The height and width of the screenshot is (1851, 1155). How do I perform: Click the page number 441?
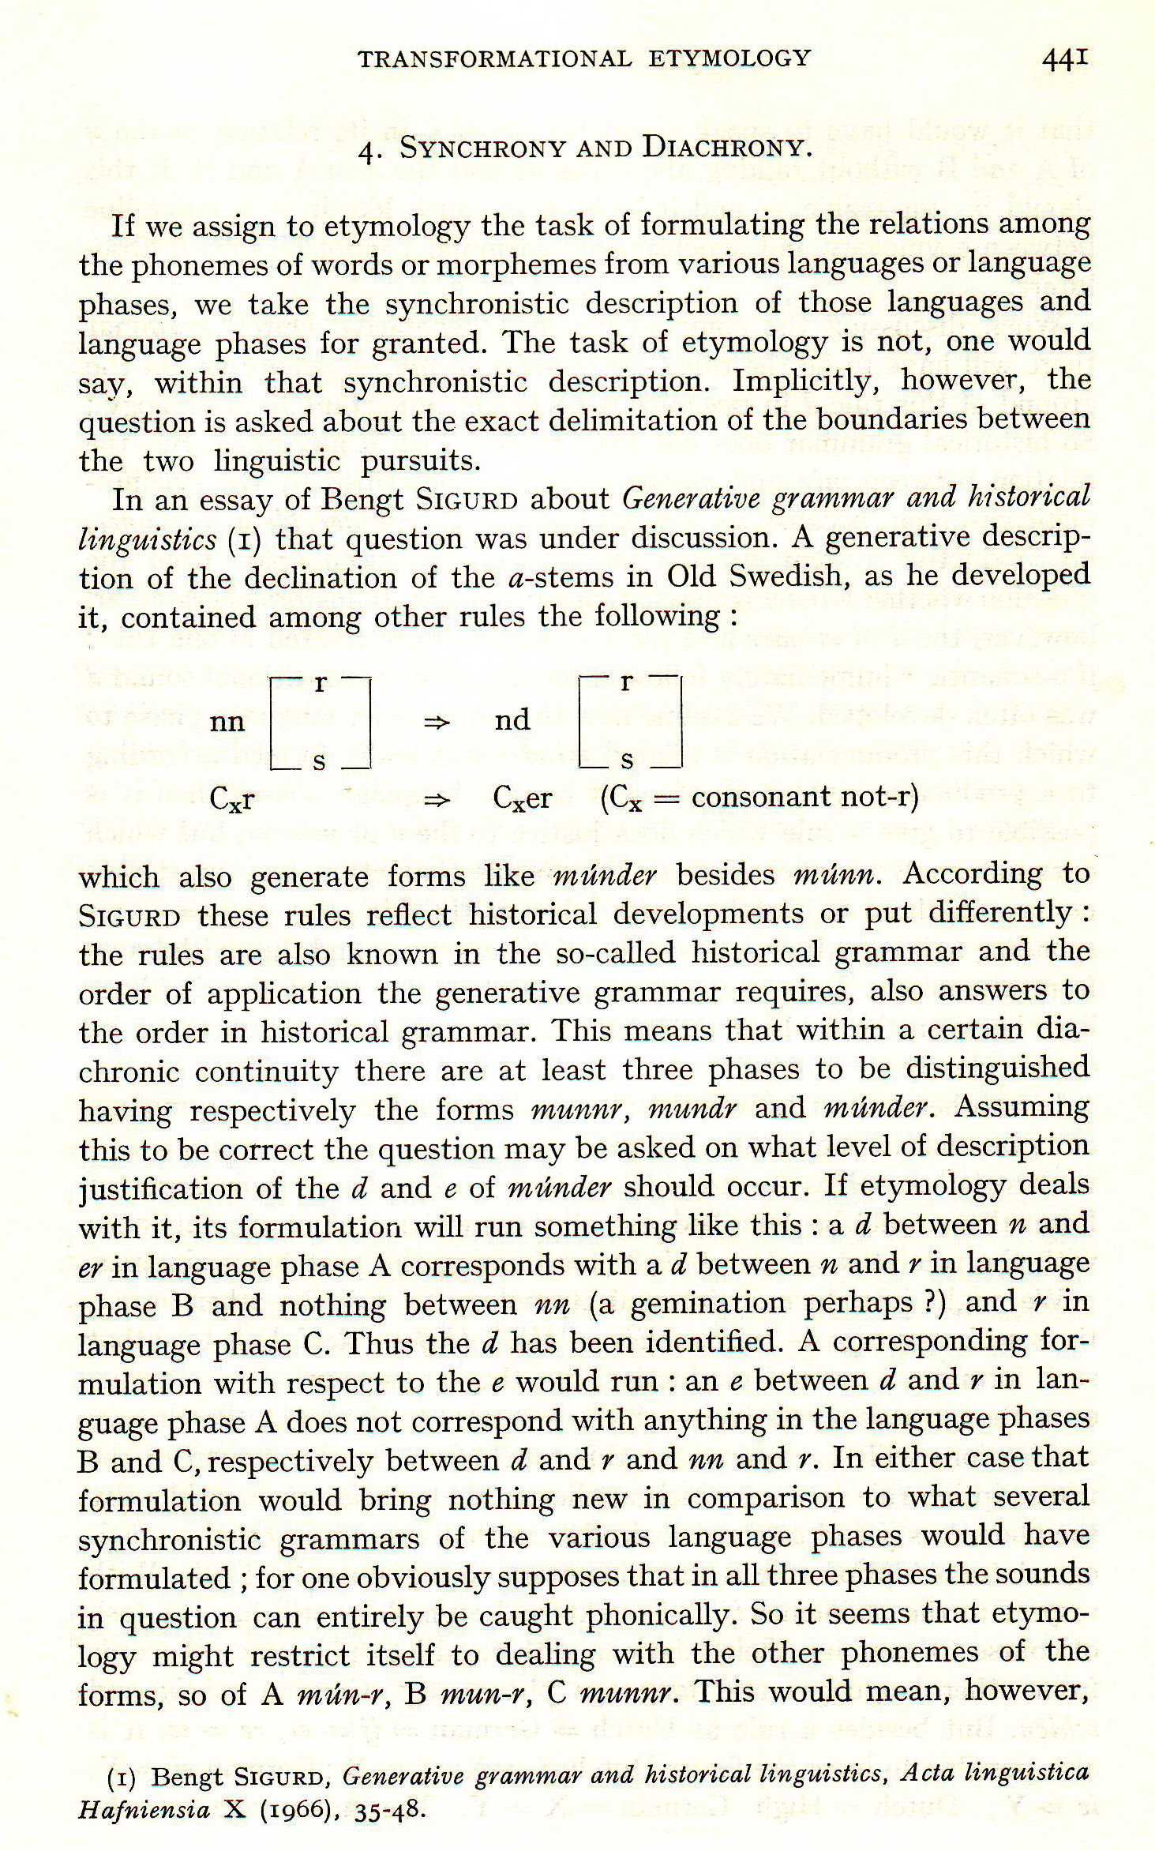tap(1065, 59)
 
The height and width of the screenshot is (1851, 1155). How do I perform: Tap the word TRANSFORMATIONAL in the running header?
tap(495, 58)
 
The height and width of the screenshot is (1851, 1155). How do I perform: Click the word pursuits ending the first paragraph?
tap(420, 460)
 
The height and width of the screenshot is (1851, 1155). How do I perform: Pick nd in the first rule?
tap(512, 720)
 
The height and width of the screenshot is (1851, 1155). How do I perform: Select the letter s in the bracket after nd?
tap(628, 761)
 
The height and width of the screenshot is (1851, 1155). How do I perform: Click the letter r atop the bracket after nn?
tap(319, 683)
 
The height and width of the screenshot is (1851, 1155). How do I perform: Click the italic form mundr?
tap(692, 1109)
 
